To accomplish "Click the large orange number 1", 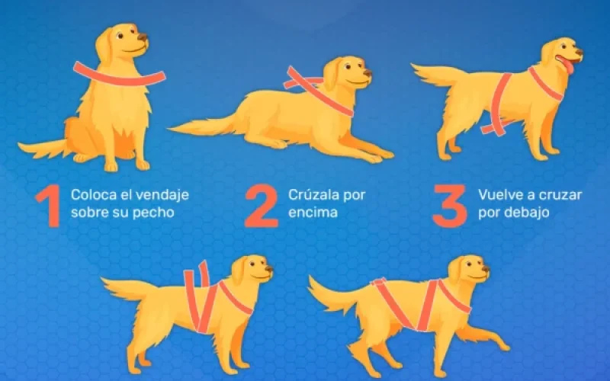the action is pyautogui.click(x=49, y=206).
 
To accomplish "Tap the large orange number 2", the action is pyautogui.click(x=261, y=206).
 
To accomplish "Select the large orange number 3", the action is pyautogui.click(x=449, y=206).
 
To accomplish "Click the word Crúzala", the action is pyautogui.click(x=310, y=194).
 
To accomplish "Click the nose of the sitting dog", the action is pyautogui.click(x=143, y=37).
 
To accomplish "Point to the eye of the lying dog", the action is pyautogui.click(x=348, y=66).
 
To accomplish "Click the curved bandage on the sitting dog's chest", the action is pyautogui.click(x=119, y=76).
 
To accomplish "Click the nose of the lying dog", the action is pyautogui.click(x=368, y=72).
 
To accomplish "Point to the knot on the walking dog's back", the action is pyautogui.click(x=379, y=282).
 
